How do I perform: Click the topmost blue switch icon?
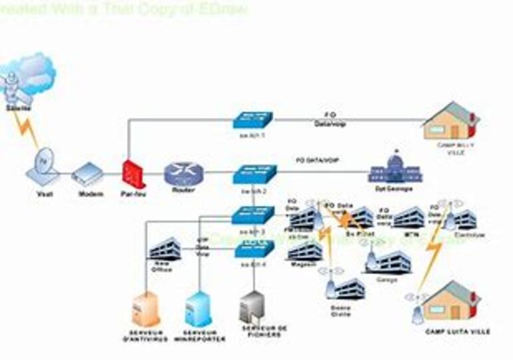[254, 120]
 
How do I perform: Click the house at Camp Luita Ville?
[451, 302]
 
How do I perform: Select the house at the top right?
[451, 121]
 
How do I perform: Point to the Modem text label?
[91, 194]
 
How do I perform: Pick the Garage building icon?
[390, 261]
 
